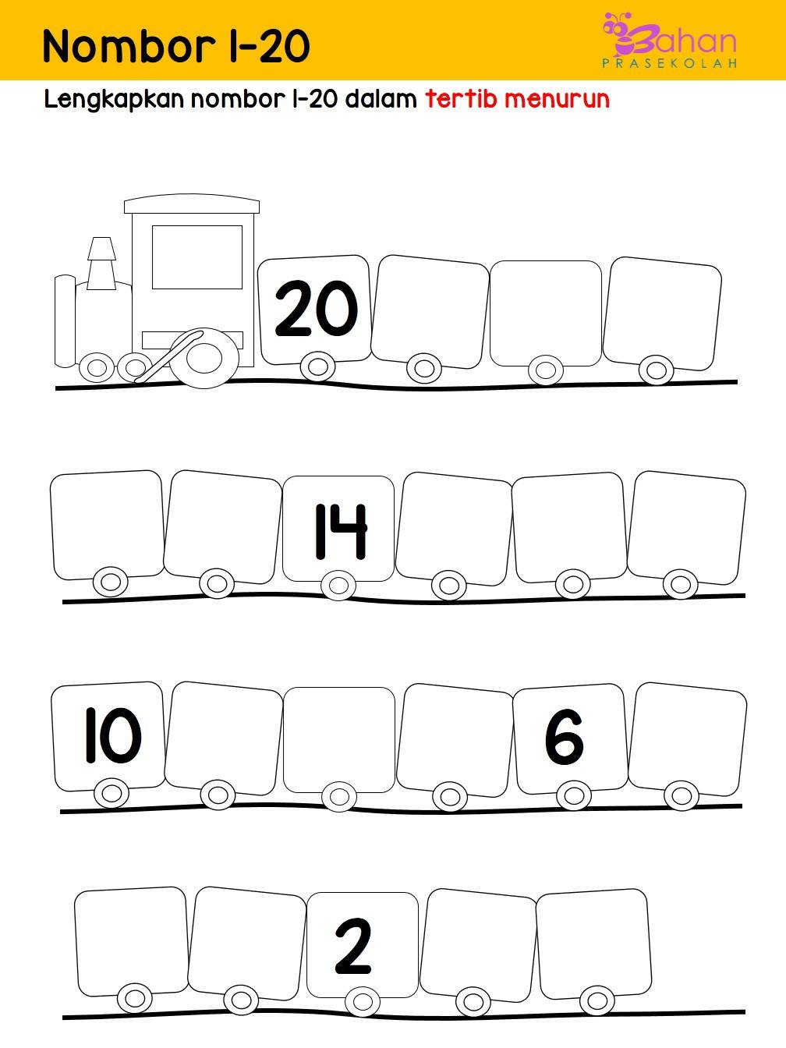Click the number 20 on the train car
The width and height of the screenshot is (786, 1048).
316,308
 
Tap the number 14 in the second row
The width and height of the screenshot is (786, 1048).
342,531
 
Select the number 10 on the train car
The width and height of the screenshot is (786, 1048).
113,735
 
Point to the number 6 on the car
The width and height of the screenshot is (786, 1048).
564,736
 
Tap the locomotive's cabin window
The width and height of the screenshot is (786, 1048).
197,257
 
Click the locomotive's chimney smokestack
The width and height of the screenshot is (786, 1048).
101,264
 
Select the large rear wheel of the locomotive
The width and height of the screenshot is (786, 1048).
205,358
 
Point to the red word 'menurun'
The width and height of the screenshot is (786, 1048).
557,99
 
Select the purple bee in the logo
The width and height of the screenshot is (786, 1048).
619,34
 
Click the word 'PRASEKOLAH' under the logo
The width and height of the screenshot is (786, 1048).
670,63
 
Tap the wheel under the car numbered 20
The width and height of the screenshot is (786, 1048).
318,366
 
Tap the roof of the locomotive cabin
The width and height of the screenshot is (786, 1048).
192,204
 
